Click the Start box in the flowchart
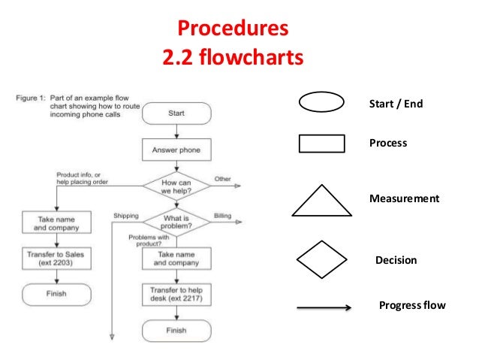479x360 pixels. pos(176,113)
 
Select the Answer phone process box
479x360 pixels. pos(176,150)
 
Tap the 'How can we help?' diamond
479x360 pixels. pos(176,185)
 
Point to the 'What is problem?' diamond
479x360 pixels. pos(176,221)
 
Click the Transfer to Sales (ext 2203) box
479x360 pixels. pos(55,259)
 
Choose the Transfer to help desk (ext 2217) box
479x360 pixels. pos(176,294)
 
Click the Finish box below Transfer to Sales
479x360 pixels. pos(56,293)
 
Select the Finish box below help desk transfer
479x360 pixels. pos(176,330)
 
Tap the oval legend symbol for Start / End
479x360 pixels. pos(321,104)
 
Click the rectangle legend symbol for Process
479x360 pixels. pos(321,143)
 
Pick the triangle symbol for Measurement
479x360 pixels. pos(321,201)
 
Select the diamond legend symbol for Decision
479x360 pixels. pos(321,260)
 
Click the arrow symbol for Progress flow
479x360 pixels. pos(324,307)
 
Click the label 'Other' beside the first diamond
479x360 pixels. pos(223,179)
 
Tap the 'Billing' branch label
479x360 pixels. pos(222,216)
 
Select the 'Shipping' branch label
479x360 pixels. pos(125,216)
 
